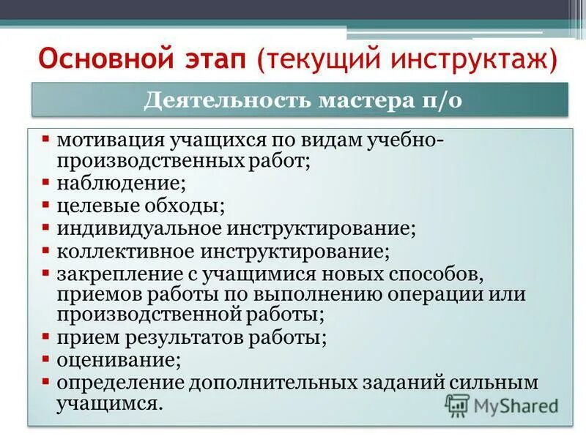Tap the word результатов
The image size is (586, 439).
[x=196, y=338]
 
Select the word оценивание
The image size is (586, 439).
[x=115, y=360]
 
